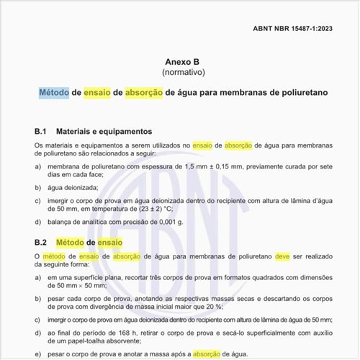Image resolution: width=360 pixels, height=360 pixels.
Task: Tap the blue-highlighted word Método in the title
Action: point(54,93)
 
